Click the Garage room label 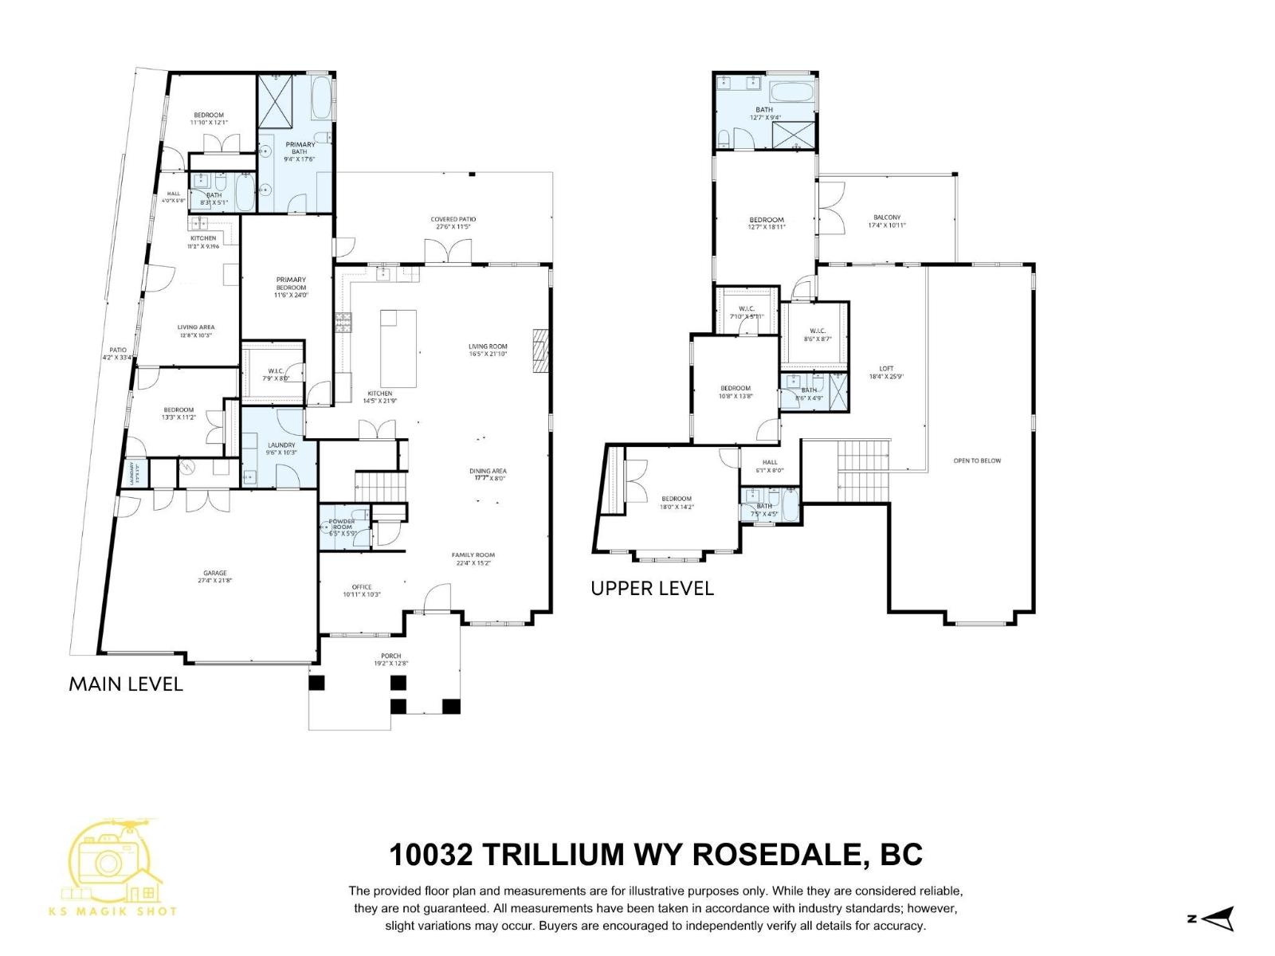point(214,573)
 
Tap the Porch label point(390,656)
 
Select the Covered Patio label point(453,220)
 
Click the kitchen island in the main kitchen point(398,348)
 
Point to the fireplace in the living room point(542,350)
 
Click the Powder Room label point(342,523)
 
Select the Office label point(362,587)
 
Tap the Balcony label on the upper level point(886,217)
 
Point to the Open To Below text point(977,460)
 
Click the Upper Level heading point(652,589)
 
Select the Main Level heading point(126,684)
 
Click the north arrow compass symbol point(1218,919)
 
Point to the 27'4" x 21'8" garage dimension point(214,581)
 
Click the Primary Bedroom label point(291,283)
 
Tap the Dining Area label point(488,471)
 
